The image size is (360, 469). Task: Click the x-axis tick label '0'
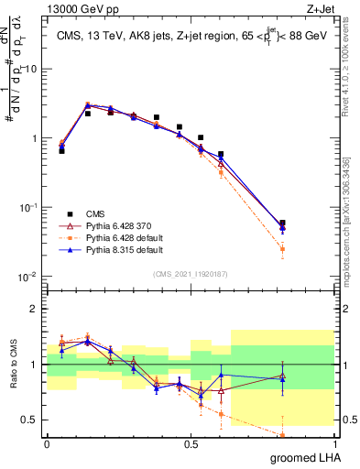click(x=47, y=442)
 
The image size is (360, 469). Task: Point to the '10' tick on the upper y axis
click(x=31, y=69)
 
